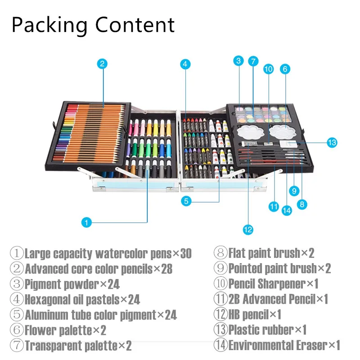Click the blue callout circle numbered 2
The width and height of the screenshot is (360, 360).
click(x=103, y=63)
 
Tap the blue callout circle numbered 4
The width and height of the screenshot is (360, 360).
click(x=184, y=64)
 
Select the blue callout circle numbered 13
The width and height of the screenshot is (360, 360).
click(x=332, y=143)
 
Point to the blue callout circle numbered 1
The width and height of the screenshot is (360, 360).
click(x=87, y=222)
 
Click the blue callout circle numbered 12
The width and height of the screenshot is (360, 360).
click(x=247, y=229)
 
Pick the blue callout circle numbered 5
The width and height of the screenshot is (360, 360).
click(x=187, y=201)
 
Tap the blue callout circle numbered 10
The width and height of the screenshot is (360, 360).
click(x=268, y=69)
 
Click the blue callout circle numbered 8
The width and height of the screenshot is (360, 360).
click(x=301, y=204)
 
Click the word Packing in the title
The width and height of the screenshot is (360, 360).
click(x=50, y=25)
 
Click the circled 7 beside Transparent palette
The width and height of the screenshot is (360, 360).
click(x=17, y=346)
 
